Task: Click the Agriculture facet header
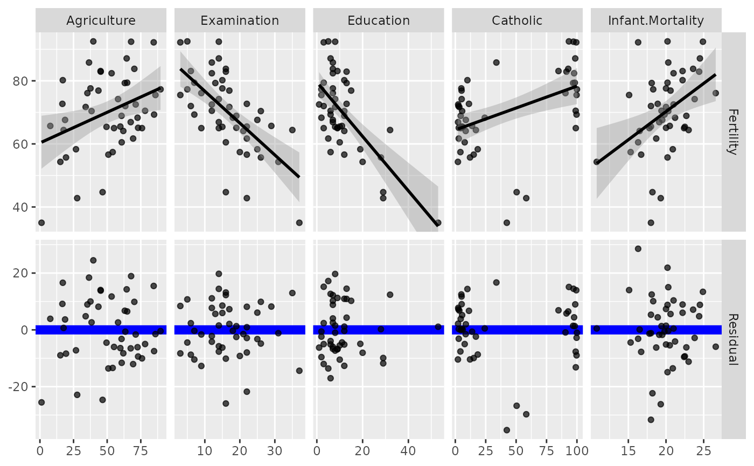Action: pyautogui.click(x=101, y=21)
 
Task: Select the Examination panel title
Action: pyautogui.click(x=240, y=21)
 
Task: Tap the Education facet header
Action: pyautogui.click(x=379, y=21)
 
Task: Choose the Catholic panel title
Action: pyautogui.click(x=517, y=21)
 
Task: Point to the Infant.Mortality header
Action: pyautogui.click(x=655, y=21)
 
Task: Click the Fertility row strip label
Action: pyautogui.click(x=732, y=132)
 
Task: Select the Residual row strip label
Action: pyautogui.click(x=732, y=339)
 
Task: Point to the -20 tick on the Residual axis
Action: pyautogui.click(x=20, y=387)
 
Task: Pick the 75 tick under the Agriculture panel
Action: pyautogui.click(x=142, y=450)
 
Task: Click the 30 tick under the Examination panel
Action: pyautogui.click(x=275, y=450)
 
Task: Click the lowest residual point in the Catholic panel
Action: pyautogui.click(x=507, y=430)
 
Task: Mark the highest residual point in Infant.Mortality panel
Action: pyautogui.click(x=638, y=249)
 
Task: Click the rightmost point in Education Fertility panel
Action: pyautogui.click(x=438, y=222)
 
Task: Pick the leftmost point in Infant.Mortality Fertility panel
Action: pyautogui.click(x=597, y=162)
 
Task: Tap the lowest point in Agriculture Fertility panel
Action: pyautogui.click(x=41, y=222)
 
